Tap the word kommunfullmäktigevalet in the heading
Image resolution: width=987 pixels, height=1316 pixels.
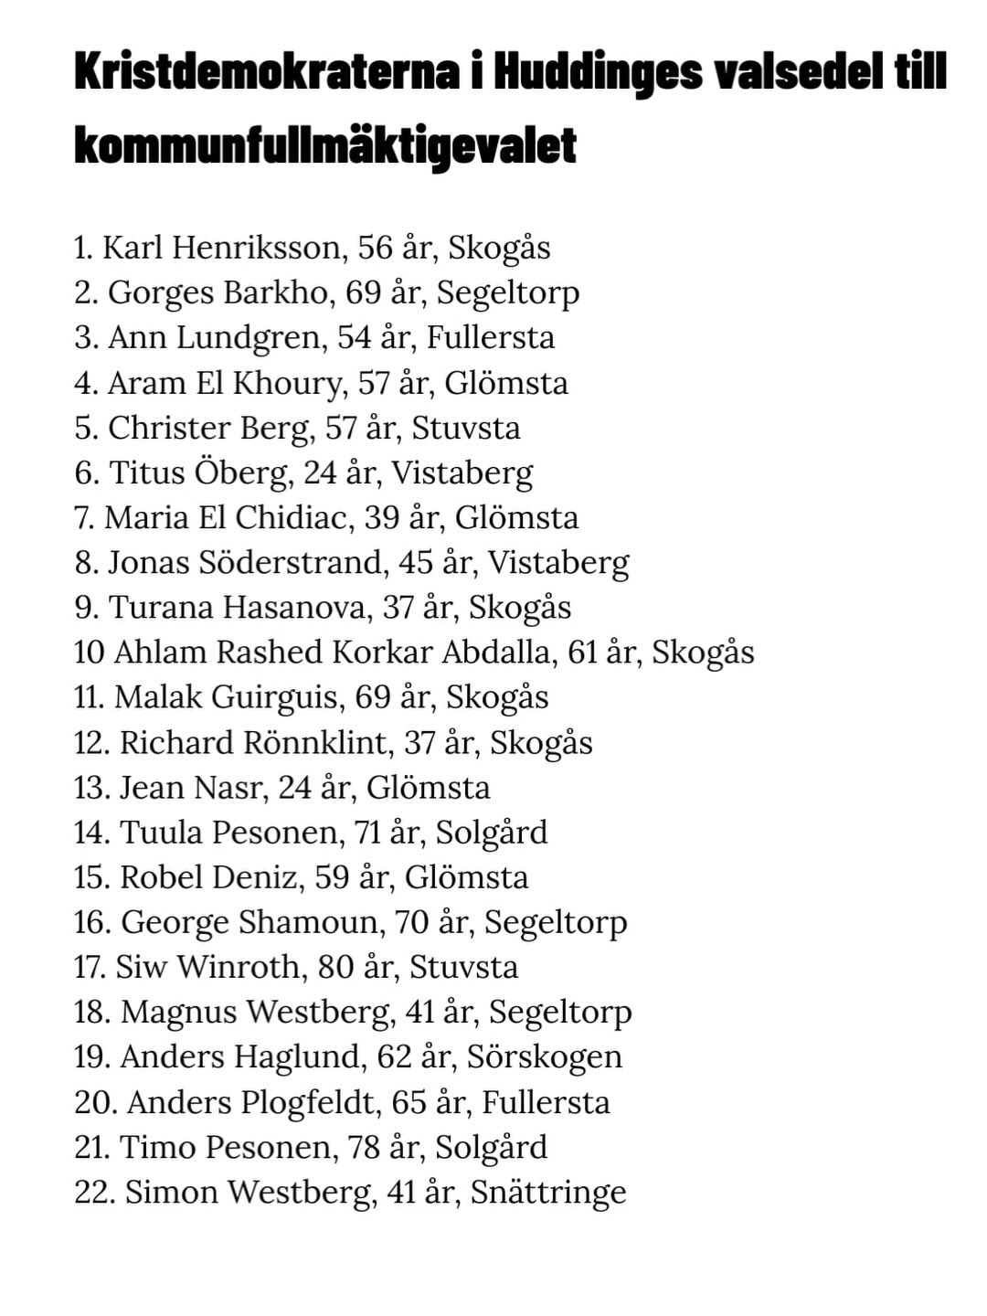[x=325, y=145]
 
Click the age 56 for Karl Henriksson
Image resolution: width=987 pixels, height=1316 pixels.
[x=375, y=248]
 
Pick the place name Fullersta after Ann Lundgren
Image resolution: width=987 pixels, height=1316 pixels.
[x=491, y=338]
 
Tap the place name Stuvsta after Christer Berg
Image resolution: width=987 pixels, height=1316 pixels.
[x=466, y=428]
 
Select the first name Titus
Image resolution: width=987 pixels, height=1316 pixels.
[x=147, y=472]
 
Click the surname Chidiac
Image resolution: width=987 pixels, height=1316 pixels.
[x=292, y=517]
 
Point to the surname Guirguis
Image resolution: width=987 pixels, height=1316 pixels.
[x=278, y=697]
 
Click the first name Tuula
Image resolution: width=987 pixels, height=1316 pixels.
[x=161, y=833]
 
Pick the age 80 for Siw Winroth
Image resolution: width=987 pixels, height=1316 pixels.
[x=335, y=967]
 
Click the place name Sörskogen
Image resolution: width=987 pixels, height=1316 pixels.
[x=545, y=1057]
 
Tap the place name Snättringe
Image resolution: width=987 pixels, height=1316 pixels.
[x=548, y=1193]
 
